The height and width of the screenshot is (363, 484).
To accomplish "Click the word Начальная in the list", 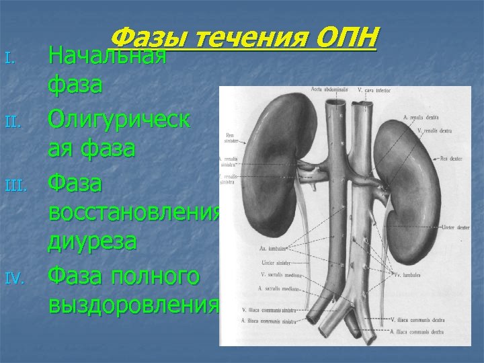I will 107,56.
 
